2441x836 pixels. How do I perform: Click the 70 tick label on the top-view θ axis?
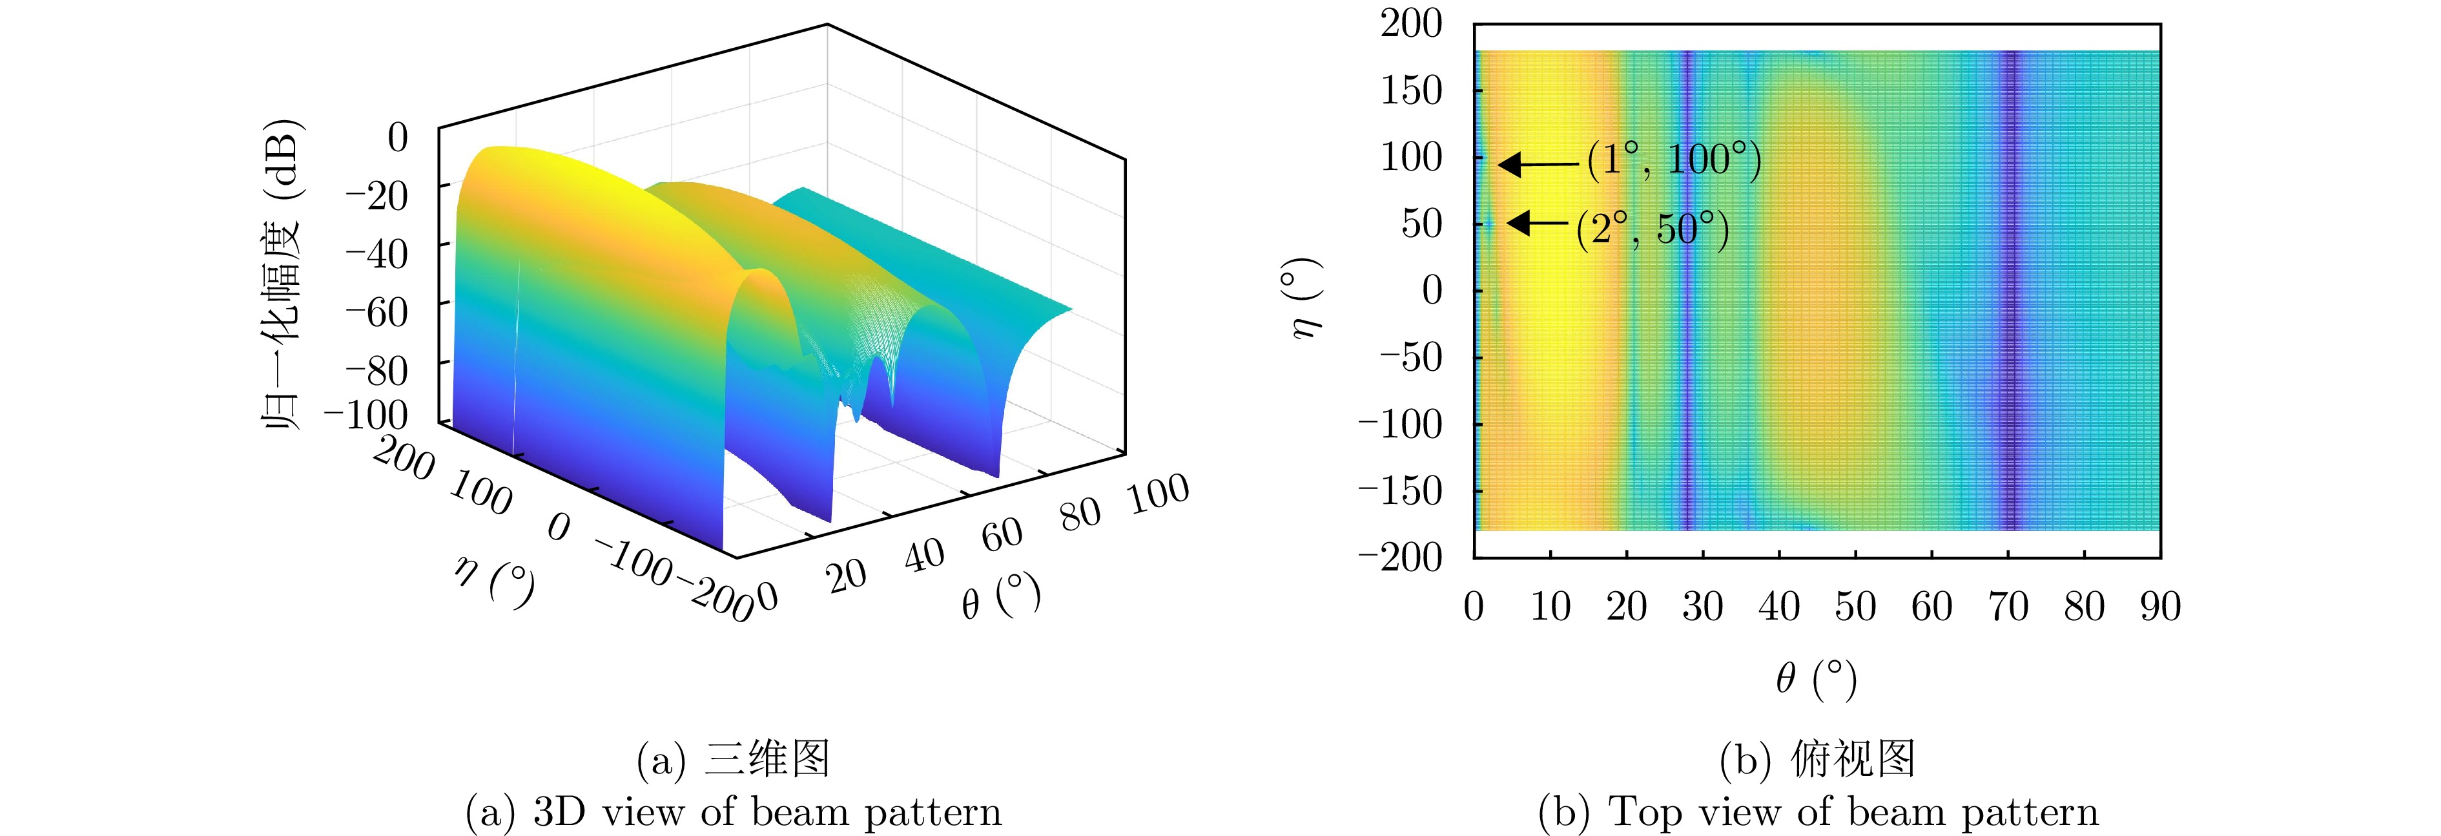[x=2008, y=607]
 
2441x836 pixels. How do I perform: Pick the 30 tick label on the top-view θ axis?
[x=1703, y=607]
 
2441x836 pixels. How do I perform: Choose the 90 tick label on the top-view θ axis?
[x=2161, y=607]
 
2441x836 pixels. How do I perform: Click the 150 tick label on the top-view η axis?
[x=1411, y=91]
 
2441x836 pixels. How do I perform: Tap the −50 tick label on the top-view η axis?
[x=1411, y=357]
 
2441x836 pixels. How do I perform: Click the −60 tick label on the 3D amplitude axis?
[x=376, y=312]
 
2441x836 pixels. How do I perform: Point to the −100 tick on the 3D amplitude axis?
[x=366, y=414]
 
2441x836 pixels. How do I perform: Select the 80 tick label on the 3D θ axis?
[x=1081, y=515]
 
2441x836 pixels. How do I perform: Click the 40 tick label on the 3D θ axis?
[x=924, y=556]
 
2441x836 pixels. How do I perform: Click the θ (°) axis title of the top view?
[x=1816, y=678]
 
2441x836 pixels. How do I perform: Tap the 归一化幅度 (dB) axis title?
[x=282, y=275]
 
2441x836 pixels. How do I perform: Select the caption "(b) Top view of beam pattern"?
[x=1817, y=812]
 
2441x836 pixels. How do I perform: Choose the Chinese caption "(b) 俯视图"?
[x=1817, y=759]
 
